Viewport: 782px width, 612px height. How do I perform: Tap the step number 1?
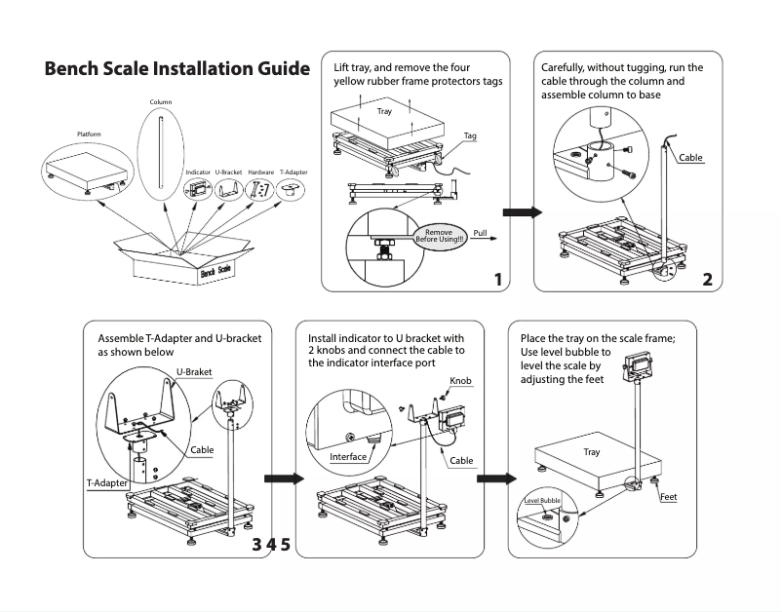tap(498, 280)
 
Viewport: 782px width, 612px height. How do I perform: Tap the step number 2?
tap(707, 280)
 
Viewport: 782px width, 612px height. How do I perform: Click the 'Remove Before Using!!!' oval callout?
tap(440, 236)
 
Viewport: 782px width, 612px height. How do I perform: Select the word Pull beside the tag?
tap(479, 233)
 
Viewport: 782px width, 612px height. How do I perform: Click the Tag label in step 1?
tap(470, 135)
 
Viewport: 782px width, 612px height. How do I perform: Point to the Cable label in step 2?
tap(690, 158)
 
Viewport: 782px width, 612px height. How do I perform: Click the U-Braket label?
tap(194, 372)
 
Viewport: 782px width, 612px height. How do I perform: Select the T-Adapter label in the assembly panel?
tap(108, 483)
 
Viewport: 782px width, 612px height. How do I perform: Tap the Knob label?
tap(461, 380)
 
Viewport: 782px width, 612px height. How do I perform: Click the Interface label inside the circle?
tap(348, 457)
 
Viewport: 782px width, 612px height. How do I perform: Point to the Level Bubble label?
tap(542, 500)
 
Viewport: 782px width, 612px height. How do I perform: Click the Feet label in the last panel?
tap(668, 497)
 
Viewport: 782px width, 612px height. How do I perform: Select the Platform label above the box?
tap(89, 134)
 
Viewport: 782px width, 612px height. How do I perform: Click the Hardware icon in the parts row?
tap(260, 190)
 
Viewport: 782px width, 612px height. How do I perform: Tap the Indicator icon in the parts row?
tap(199, 189)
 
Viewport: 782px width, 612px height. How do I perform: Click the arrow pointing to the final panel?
tap(496, 478)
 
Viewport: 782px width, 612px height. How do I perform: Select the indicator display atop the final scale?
tap(640, 363)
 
